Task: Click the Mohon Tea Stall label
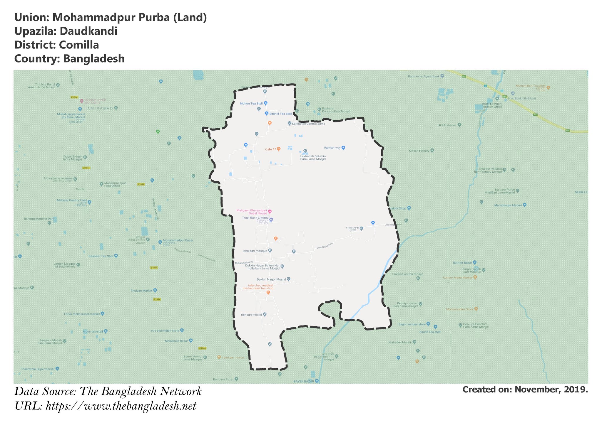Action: point(251,104)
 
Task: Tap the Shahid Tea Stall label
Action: point(280,114)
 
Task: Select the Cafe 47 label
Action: point(271,149)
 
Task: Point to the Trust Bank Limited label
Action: point(255,218)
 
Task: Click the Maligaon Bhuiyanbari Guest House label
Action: point(252,212)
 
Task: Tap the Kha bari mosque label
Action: point(255,251)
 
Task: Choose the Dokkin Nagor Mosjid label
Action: point(271,279)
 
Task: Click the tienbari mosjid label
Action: point(251,315)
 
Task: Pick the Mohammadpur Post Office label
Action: point(115,184)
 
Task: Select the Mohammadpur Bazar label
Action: point(178,240)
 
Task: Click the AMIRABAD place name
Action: point(100,108)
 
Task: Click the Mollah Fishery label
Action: point(419,151)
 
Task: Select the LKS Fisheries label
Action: point(447,125)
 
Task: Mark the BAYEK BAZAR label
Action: point(304,381)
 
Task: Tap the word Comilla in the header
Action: point(79,45)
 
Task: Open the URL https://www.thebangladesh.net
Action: point(121,406)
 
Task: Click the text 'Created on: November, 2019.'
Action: point(525,390)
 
